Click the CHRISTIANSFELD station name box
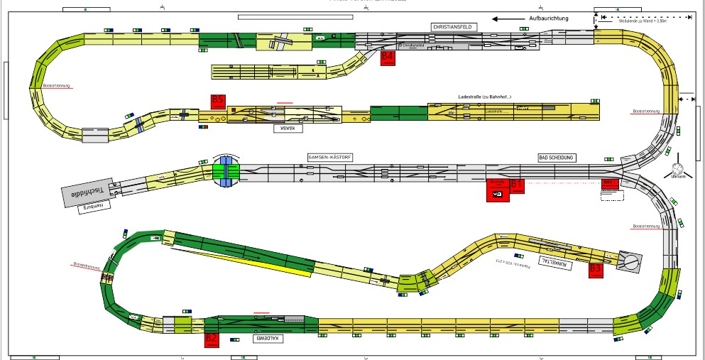(452, 26)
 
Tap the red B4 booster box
(388, 58)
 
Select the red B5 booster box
(218, 102)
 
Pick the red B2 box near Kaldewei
(212, 339)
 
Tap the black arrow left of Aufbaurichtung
(505, 19)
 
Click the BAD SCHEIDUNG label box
(557, 157)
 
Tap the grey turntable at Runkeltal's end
(629, 261)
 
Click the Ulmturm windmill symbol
(677, 170)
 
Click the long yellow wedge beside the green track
(248, 261)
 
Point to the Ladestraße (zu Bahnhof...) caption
(486, 96)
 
